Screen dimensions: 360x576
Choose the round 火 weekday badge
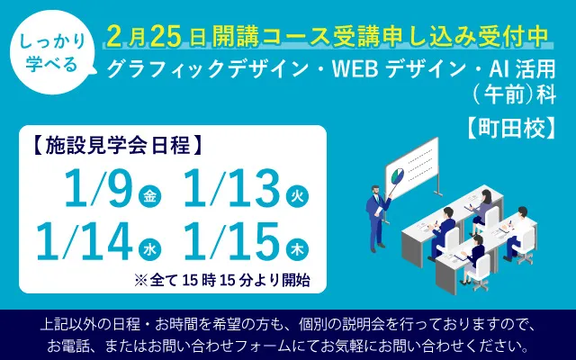[x=296, y=197]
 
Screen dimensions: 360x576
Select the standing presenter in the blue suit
[x=375, y=210]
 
